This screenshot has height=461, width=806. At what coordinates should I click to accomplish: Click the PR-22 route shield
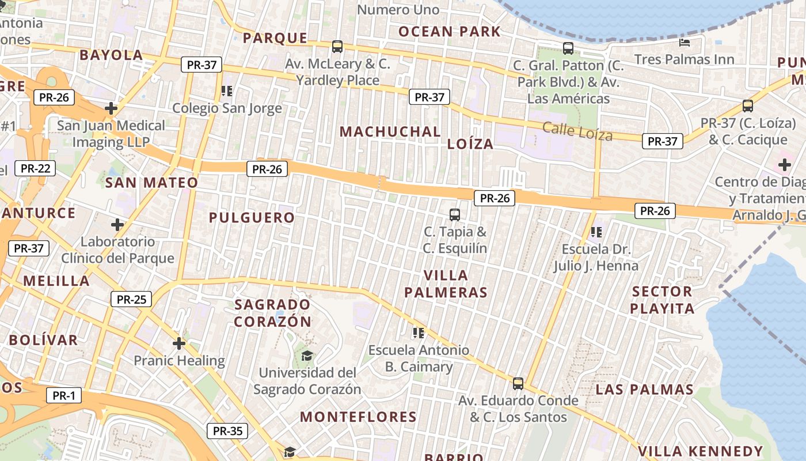coord(36,168)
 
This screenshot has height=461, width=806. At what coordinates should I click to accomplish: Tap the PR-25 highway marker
coord(131,299)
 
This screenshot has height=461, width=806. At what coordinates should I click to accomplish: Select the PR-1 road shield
coord(63,396)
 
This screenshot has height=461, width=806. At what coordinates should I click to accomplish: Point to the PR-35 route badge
coord(227,430)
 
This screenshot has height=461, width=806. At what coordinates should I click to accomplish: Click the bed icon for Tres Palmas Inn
coord(685,42)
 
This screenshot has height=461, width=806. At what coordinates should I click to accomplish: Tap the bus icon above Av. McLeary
coord(337,46)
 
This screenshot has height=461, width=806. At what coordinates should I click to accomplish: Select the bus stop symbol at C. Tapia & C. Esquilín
coord(455,215)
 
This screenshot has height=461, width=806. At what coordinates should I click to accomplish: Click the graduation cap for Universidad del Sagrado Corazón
coord(307,356)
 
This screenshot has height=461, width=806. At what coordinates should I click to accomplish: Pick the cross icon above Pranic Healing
coord(179,343)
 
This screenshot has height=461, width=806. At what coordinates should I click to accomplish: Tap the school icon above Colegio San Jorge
coord(227,90)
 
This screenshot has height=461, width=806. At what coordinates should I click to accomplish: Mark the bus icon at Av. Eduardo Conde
coord(518,383)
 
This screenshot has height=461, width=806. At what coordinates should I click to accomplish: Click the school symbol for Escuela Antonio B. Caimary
coord(419,332)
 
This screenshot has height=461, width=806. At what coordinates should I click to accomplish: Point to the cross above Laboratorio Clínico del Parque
coord(117,224)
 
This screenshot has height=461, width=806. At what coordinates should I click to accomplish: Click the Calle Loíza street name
coord(577,131)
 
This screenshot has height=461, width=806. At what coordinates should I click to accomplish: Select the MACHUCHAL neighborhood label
coord(390,131)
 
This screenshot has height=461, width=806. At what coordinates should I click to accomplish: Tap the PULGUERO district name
coord(252,218)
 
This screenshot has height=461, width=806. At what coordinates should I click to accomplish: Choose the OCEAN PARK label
coord(450,31)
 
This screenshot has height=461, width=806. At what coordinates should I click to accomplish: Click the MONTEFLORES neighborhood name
coord(358,417)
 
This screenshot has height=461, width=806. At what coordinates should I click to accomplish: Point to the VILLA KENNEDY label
coord(700,451)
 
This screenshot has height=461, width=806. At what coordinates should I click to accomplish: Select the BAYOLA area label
coord(111,55)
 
